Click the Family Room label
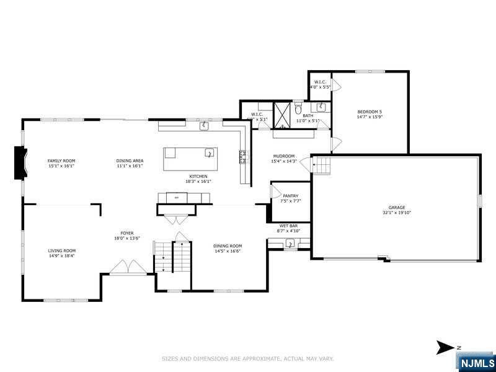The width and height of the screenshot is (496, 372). coord(61,161)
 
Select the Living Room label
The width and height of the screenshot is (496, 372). coord(61,250)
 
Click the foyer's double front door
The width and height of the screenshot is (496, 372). coord(128,267)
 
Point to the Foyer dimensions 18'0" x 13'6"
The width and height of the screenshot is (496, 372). coord(126,238)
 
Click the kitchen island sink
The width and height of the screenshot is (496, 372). coord(210,152)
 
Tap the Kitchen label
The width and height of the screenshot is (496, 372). coord(198,176)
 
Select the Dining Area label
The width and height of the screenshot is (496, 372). coord(130,161)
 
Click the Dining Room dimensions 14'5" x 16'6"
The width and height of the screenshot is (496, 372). coord(227,251)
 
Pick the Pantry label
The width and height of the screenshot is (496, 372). coord(290,196)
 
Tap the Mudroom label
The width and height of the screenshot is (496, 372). coord(283,156)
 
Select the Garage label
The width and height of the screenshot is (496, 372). coord(397,207)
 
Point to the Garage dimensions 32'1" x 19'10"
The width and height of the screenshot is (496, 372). coord(397,213)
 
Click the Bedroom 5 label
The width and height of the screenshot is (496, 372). coord(370,112)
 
